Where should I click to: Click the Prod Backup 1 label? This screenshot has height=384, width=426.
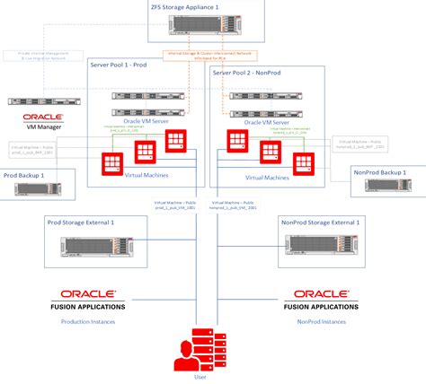point(24,175)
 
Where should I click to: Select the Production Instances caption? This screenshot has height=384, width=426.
point(88,319)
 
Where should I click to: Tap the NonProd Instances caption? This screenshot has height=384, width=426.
point(322,319)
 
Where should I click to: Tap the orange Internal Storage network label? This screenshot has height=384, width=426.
point(213,56)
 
